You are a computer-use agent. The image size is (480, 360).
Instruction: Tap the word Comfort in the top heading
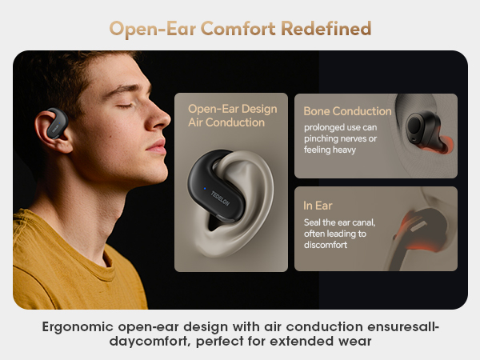coord(237,29)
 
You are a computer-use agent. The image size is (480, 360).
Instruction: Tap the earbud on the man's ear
coord(52,122)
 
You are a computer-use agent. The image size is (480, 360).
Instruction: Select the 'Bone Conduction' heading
coord(348,111)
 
